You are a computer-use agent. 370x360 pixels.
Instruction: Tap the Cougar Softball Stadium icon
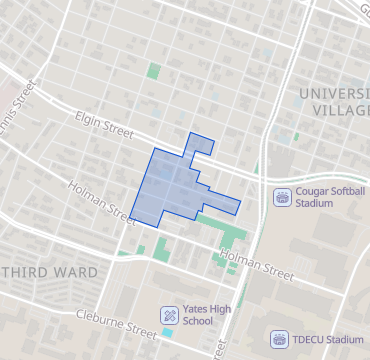282,196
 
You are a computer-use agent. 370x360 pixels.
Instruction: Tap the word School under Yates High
198,321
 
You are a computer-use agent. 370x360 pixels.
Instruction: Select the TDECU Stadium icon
280,340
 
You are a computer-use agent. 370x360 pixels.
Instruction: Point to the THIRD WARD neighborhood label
49,272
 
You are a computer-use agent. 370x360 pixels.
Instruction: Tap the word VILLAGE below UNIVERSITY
339,110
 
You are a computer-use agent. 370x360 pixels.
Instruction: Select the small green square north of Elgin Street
153,71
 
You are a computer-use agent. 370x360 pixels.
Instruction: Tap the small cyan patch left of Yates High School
168,331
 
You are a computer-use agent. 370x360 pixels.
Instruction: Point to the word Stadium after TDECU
345,340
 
